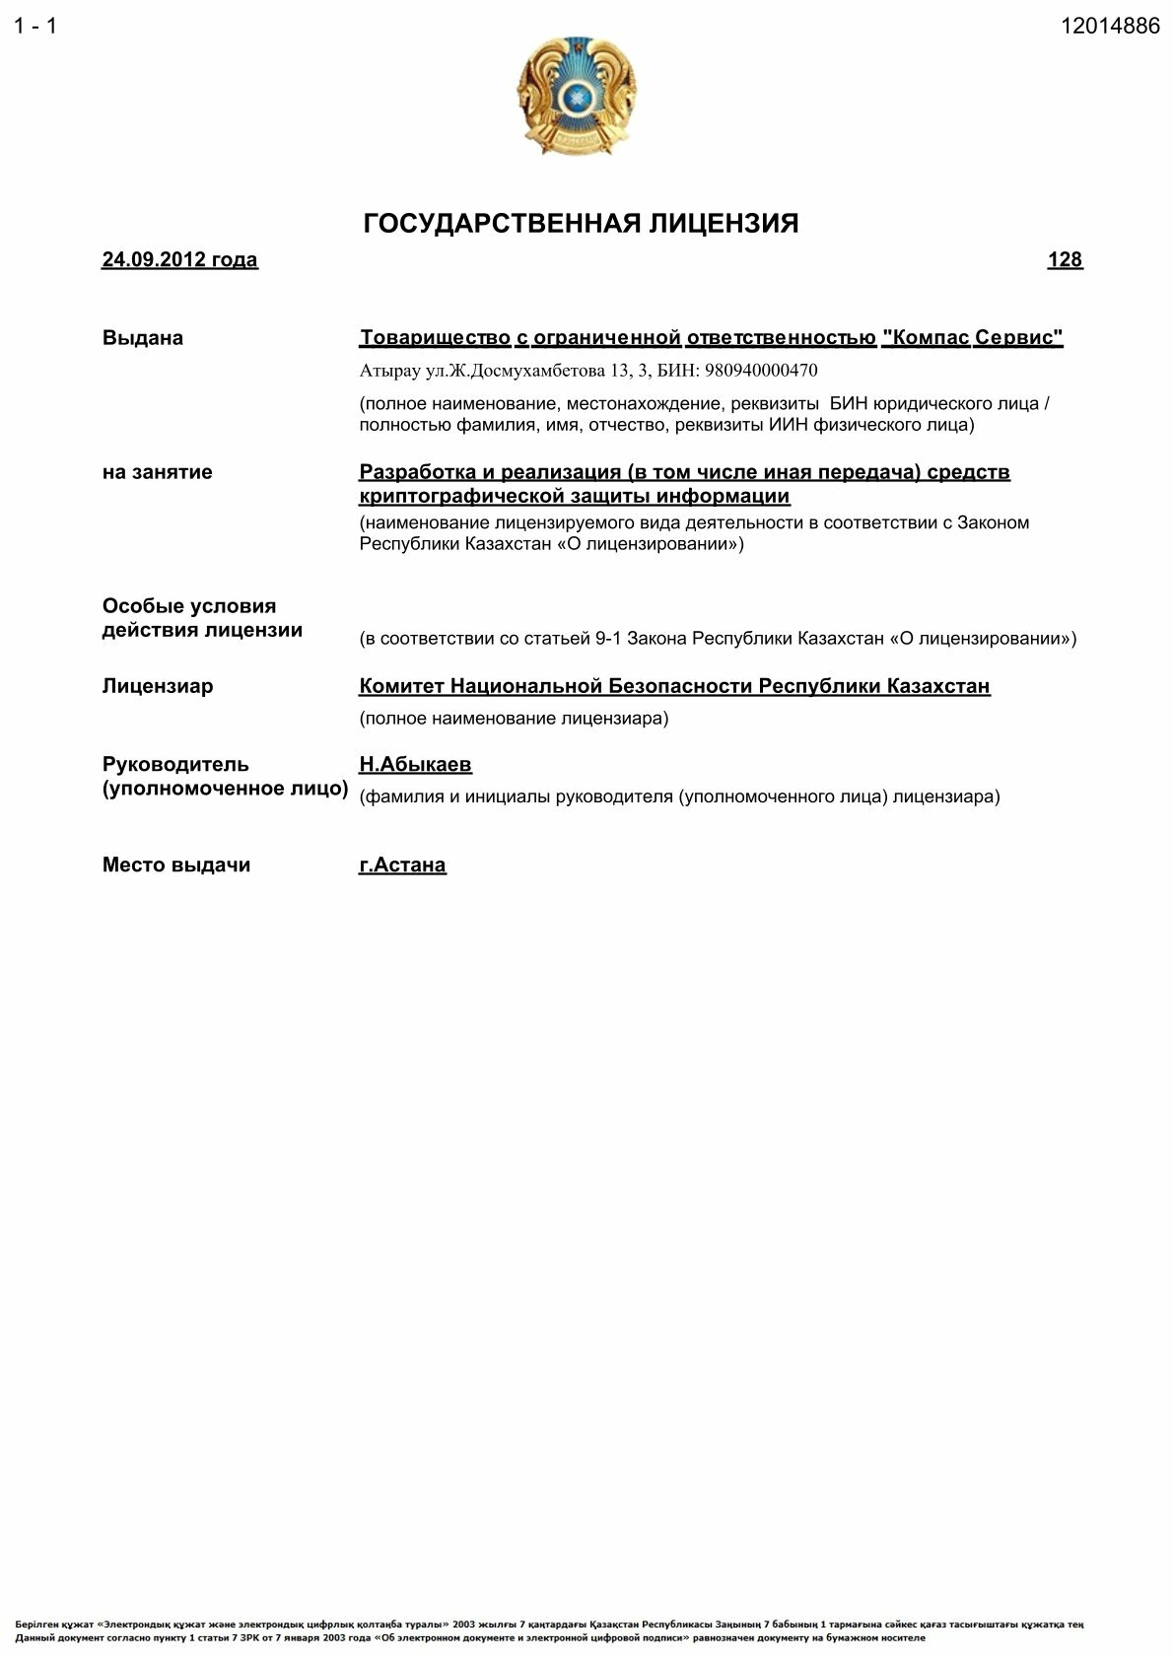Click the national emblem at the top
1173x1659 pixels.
coord(576,96)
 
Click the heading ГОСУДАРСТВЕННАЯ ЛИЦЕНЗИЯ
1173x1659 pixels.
coord(581,224)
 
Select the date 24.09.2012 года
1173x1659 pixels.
coord(179,260)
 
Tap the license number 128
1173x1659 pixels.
coord(1065,260)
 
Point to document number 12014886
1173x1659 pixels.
coord(1110,27)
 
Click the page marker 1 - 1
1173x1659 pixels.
coord(35,27)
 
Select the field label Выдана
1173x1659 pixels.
coord(143,338)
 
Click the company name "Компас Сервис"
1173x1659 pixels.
coord(972,338)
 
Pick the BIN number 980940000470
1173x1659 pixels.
coord(761,371)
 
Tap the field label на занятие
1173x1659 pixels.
coord(158,472)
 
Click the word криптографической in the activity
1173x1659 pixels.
coord(462,496)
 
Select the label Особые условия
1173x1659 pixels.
coord(189,606)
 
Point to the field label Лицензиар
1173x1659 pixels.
coord(158,686)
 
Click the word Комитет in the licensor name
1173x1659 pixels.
coord(401,686)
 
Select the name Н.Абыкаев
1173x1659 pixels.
coord(415,765)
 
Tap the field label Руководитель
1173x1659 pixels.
coord(175,765)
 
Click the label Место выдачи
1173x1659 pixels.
coord(176,865)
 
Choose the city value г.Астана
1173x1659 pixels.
coord(402,865)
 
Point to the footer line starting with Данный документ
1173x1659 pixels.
coord(470,1637)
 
